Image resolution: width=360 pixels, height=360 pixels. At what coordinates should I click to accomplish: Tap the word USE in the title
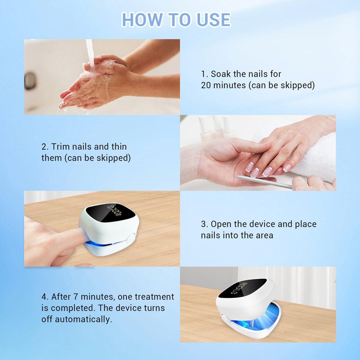click(214, 20)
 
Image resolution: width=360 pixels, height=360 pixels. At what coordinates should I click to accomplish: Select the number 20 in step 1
click(206, 85)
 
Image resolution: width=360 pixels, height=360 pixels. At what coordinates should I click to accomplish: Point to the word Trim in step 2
click(60, 146)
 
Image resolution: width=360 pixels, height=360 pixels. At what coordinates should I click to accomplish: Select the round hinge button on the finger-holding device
click(131, 238)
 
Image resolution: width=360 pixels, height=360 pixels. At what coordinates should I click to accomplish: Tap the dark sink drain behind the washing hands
click(30, 80)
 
